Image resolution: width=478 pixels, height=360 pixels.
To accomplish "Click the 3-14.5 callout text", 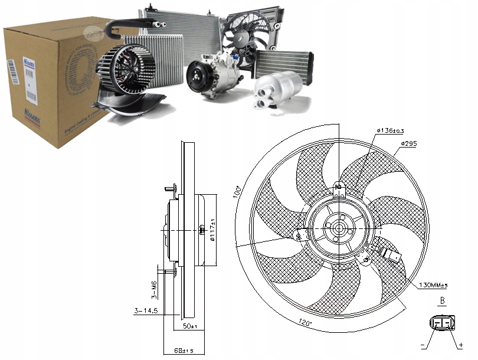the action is click(x=146, y=311).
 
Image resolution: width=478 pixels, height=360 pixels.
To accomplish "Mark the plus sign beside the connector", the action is click(x=461, y=345).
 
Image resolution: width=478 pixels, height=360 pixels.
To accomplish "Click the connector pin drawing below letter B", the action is click(x=442, y=323).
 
